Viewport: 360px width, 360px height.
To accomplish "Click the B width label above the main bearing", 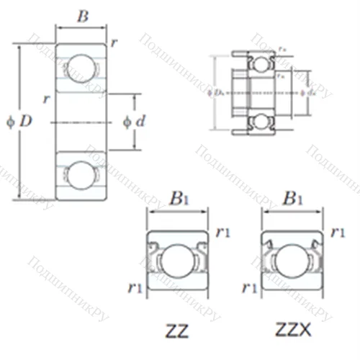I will pos(83,17).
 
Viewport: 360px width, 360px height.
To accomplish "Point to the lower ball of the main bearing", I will pos(81,175).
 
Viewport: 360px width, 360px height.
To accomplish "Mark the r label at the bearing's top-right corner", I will pos(114,43).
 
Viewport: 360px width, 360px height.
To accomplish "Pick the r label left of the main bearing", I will pos(46,99).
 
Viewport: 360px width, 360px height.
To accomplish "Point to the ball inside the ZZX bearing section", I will pos(290,261).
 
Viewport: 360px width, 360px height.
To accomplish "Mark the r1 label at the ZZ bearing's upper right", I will pos(222,232).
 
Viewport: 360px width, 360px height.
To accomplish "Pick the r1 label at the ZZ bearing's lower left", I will pos(135,288).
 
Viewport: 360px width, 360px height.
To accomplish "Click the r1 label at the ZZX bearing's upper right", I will pos(337,232).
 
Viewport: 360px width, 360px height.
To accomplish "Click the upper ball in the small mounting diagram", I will pos(259,63).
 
